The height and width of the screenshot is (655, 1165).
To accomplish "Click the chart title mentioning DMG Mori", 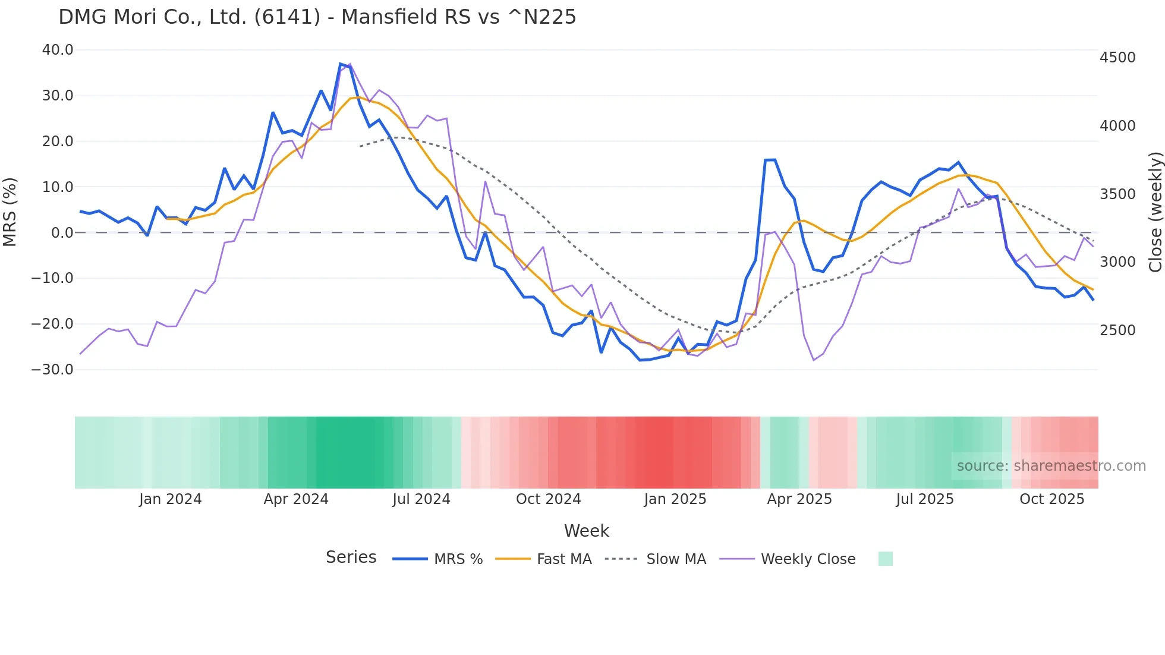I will click(317, 17).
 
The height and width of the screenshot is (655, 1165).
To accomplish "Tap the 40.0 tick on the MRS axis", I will click(58, 50).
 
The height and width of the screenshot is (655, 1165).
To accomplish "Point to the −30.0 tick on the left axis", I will click(52, 370).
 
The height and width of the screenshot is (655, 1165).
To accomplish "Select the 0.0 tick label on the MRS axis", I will click(62, 233).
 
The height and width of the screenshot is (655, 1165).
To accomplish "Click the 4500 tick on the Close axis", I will click(1117, 58).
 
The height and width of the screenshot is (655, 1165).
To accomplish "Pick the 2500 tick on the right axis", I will click(1117, 330).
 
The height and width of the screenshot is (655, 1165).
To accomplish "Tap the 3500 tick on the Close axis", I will click(1117, 194).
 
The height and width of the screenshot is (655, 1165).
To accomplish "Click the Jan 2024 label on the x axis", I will click(171, 499).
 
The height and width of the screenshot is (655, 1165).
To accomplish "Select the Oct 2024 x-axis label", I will click(548, 499).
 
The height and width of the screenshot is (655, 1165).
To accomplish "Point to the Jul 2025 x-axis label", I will click(925, 499).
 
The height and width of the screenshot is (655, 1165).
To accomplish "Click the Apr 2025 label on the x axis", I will click(799, 499).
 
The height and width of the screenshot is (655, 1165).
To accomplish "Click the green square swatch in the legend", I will click(885, 559).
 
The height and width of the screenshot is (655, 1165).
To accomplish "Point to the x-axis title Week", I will click(586, 531).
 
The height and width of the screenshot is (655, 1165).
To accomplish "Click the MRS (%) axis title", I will click(10, 212).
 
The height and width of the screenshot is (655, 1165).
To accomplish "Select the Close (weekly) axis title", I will click(1155, 212).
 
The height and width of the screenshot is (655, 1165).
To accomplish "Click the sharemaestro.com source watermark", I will click(1051, 466).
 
